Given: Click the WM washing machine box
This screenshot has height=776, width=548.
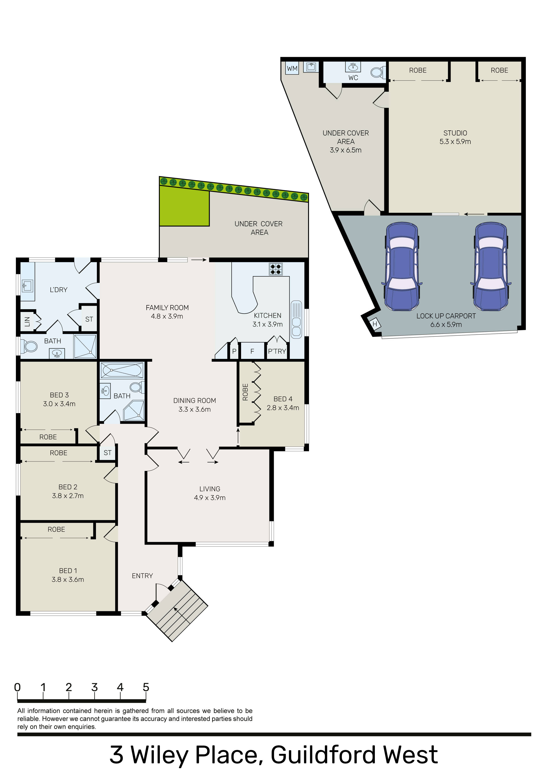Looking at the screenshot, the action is point(292,68).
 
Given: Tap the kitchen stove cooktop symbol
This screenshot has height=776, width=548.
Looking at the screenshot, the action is point(276,269).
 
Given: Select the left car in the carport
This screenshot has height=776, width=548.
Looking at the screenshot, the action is point(402,266).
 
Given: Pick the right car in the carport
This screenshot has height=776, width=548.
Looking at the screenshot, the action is point(491,266).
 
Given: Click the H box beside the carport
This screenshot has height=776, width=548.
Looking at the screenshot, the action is point(375,324).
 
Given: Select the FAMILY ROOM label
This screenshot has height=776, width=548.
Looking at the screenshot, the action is point(167,308).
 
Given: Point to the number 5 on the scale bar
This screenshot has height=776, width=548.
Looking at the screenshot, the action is point(146,687).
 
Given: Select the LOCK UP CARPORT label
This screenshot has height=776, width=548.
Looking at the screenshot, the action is point(446,316).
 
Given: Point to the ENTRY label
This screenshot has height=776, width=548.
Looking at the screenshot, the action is point(142,576).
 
